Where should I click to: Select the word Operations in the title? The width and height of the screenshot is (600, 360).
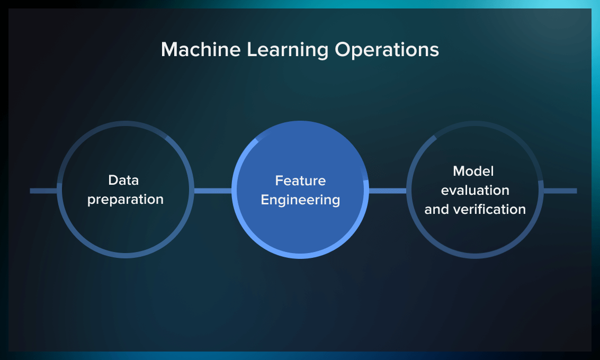387,50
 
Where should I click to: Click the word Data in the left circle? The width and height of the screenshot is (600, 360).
123,180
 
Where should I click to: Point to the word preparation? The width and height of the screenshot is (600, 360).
126,200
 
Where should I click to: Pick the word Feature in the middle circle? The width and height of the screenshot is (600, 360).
300,181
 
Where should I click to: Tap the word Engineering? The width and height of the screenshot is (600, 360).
300,200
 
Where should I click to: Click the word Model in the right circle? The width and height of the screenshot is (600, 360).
473,171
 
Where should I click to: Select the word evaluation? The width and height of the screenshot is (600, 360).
475,190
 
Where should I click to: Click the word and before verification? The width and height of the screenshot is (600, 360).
436,209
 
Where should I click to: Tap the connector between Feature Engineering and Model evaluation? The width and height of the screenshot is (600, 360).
388,191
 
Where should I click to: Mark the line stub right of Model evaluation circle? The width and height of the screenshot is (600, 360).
560,191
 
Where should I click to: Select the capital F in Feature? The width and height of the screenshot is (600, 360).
279,181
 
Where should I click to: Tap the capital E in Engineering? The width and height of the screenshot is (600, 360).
265,200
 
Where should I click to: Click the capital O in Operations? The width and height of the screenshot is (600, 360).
343,50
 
